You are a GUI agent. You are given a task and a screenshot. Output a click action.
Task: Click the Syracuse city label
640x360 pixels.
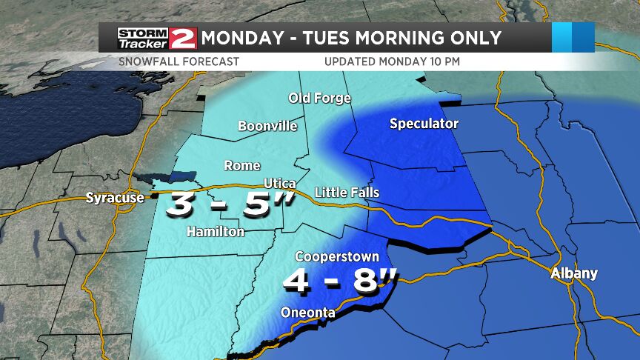tap(115, 198)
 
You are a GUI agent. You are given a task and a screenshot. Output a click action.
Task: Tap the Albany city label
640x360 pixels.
tap(573, 273)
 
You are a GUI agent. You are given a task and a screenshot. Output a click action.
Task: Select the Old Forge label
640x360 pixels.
tap(319, 99)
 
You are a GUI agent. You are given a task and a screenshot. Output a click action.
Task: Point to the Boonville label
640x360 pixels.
tap(267, 126)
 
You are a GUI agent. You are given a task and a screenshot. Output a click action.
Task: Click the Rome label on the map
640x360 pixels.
tap(241, 165)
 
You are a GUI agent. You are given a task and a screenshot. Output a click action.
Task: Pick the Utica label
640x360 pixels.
tap(280, 183)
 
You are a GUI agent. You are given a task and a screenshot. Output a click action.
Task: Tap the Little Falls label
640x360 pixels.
tap(347, 193)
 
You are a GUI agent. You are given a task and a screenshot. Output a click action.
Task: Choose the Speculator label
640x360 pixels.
tap(424, 124)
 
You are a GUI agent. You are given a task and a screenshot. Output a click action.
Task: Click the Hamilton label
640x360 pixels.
tap(216, 232)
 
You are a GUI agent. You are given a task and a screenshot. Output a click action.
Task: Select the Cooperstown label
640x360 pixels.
tap(337, 256)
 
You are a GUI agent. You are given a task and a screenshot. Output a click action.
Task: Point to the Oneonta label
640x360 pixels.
tap(307, 313)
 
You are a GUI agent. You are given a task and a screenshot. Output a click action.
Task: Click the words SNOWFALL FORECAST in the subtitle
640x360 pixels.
tap(179, 61)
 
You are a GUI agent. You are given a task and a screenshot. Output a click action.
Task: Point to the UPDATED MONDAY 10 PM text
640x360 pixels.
tap(392, 61)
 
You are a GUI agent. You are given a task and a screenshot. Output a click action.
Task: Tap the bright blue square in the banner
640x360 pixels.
tap(573, 37)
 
